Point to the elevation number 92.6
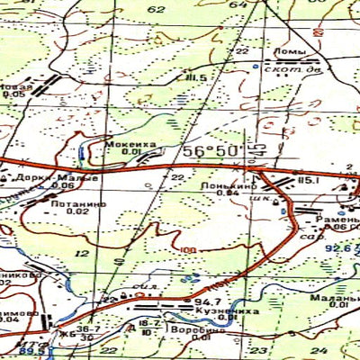point(338,248)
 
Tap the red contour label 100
point(188,251)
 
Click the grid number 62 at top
point(156,8)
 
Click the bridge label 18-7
point(149,322)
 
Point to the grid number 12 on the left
point(83,255)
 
